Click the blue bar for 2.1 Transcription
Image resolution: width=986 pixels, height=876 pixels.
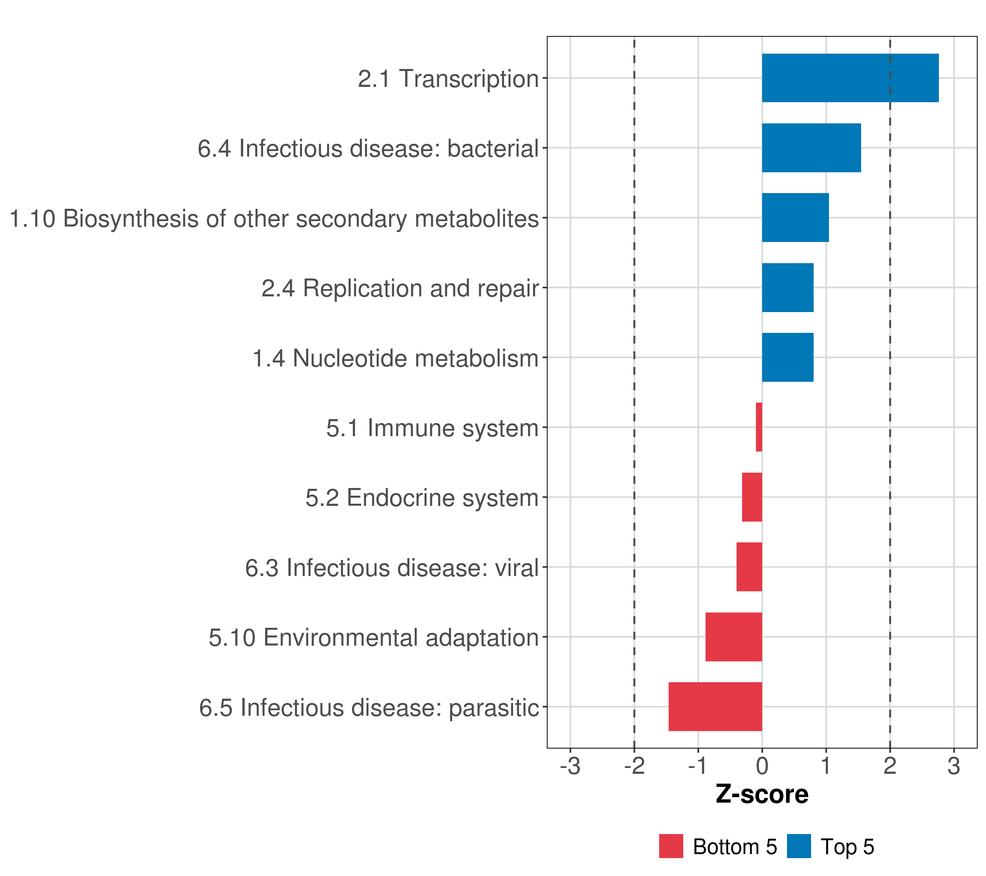(x=850, y=78)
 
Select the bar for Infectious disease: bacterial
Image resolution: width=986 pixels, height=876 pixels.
(x=811, y=148)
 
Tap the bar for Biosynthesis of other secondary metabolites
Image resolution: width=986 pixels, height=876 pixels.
(x=795, y=218)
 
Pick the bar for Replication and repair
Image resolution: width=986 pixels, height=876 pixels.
(x=787, y=288)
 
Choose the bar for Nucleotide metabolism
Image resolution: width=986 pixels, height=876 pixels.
(x=787, y=357)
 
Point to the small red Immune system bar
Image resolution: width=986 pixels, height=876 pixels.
(x=759, y=427)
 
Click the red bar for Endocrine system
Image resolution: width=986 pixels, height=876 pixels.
(x=752, y=497)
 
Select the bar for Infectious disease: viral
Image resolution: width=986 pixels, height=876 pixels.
(x=749, y=567)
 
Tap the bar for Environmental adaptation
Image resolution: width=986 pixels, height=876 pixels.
(x=734, y=637)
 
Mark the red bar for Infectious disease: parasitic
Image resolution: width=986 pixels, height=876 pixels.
(x=715, y=707)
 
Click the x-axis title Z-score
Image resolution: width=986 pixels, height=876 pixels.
(x=762, y=795)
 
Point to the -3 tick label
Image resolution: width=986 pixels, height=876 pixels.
(x=570, y=766)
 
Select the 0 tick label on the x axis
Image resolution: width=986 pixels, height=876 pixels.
(x=762, y=766)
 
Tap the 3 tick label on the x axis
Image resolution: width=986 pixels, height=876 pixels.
(x=953, y=766)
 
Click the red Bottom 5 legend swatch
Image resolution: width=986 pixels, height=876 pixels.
(x=671, y=846)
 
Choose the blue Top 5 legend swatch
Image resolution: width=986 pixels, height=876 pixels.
(x=799, y=846)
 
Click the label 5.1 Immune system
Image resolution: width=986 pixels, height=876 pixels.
(x=432, y=428)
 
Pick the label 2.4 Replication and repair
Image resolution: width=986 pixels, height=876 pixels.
(x=400, y=289)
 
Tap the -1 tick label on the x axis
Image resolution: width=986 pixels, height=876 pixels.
(x=698, y=766)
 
